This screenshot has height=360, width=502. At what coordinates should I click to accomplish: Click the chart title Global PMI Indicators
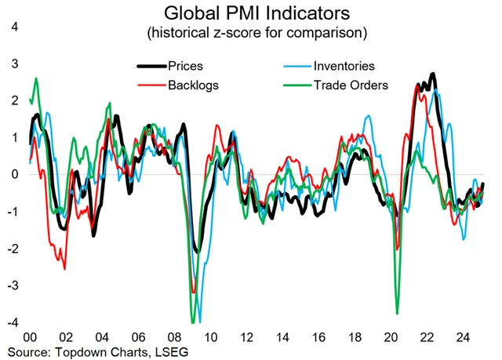coord(251,14)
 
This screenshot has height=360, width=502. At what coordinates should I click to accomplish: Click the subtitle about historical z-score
coord(251,34)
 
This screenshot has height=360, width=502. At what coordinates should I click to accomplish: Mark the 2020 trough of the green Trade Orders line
coord(398,313)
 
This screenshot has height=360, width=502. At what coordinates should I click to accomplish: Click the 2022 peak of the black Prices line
coord(433,75)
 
